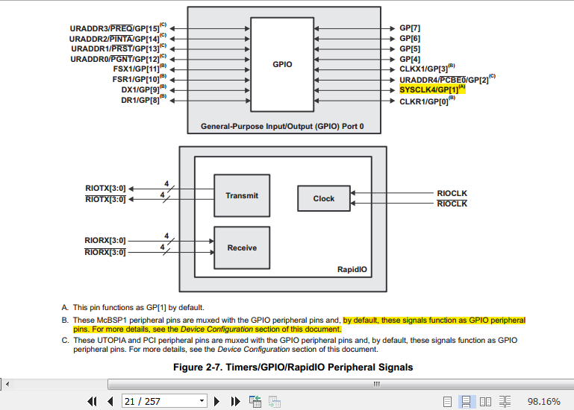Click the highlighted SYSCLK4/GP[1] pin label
coord(432,89)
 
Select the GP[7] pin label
coord(410,28)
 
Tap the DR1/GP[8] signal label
coord(143,100)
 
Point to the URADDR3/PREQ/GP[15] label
coord(118,28)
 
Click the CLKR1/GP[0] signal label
coord(427,101)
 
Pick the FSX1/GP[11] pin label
coord(140,69)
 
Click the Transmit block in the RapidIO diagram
coord(242,195)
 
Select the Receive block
coord(242,248)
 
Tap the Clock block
coord(324,198)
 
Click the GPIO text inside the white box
coord(282,64)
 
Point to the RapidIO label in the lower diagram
coord(352,270)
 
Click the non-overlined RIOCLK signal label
coord(452,193)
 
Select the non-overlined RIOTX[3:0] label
coord(105,189)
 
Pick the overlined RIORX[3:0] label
coord(105,252)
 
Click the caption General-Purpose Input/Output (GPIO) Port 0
coord(282,126)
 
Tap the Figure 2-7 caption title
coord(293,368)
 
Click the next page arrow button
coord(216,402)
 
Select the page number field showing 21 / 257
coord(164,402)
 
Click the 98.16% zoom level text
coord(543,402)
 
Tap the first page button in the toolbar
coord(92,402)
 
